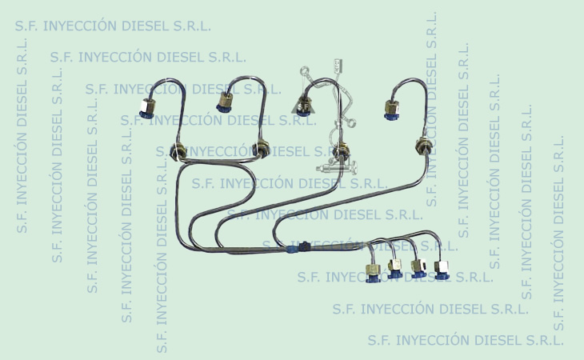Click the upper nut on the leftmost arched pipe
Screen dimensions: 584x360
click(x=147, y=108)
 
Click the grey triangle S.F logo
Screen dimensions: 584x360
click(x=303, y=106)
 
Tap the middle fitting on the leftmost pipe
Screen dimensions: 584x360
click(x=178, y=150)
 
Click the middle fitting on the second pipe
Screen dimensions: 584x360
click(x=260, y=148)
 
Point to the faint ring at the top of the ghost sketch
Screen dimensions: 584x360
click(x=305, y=70)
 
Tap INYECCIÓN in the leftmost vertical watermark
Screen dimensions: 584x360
click(x=22, y=167)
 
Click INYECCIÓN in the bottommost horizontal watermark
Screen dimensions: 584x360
click(x=433, y=340)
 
